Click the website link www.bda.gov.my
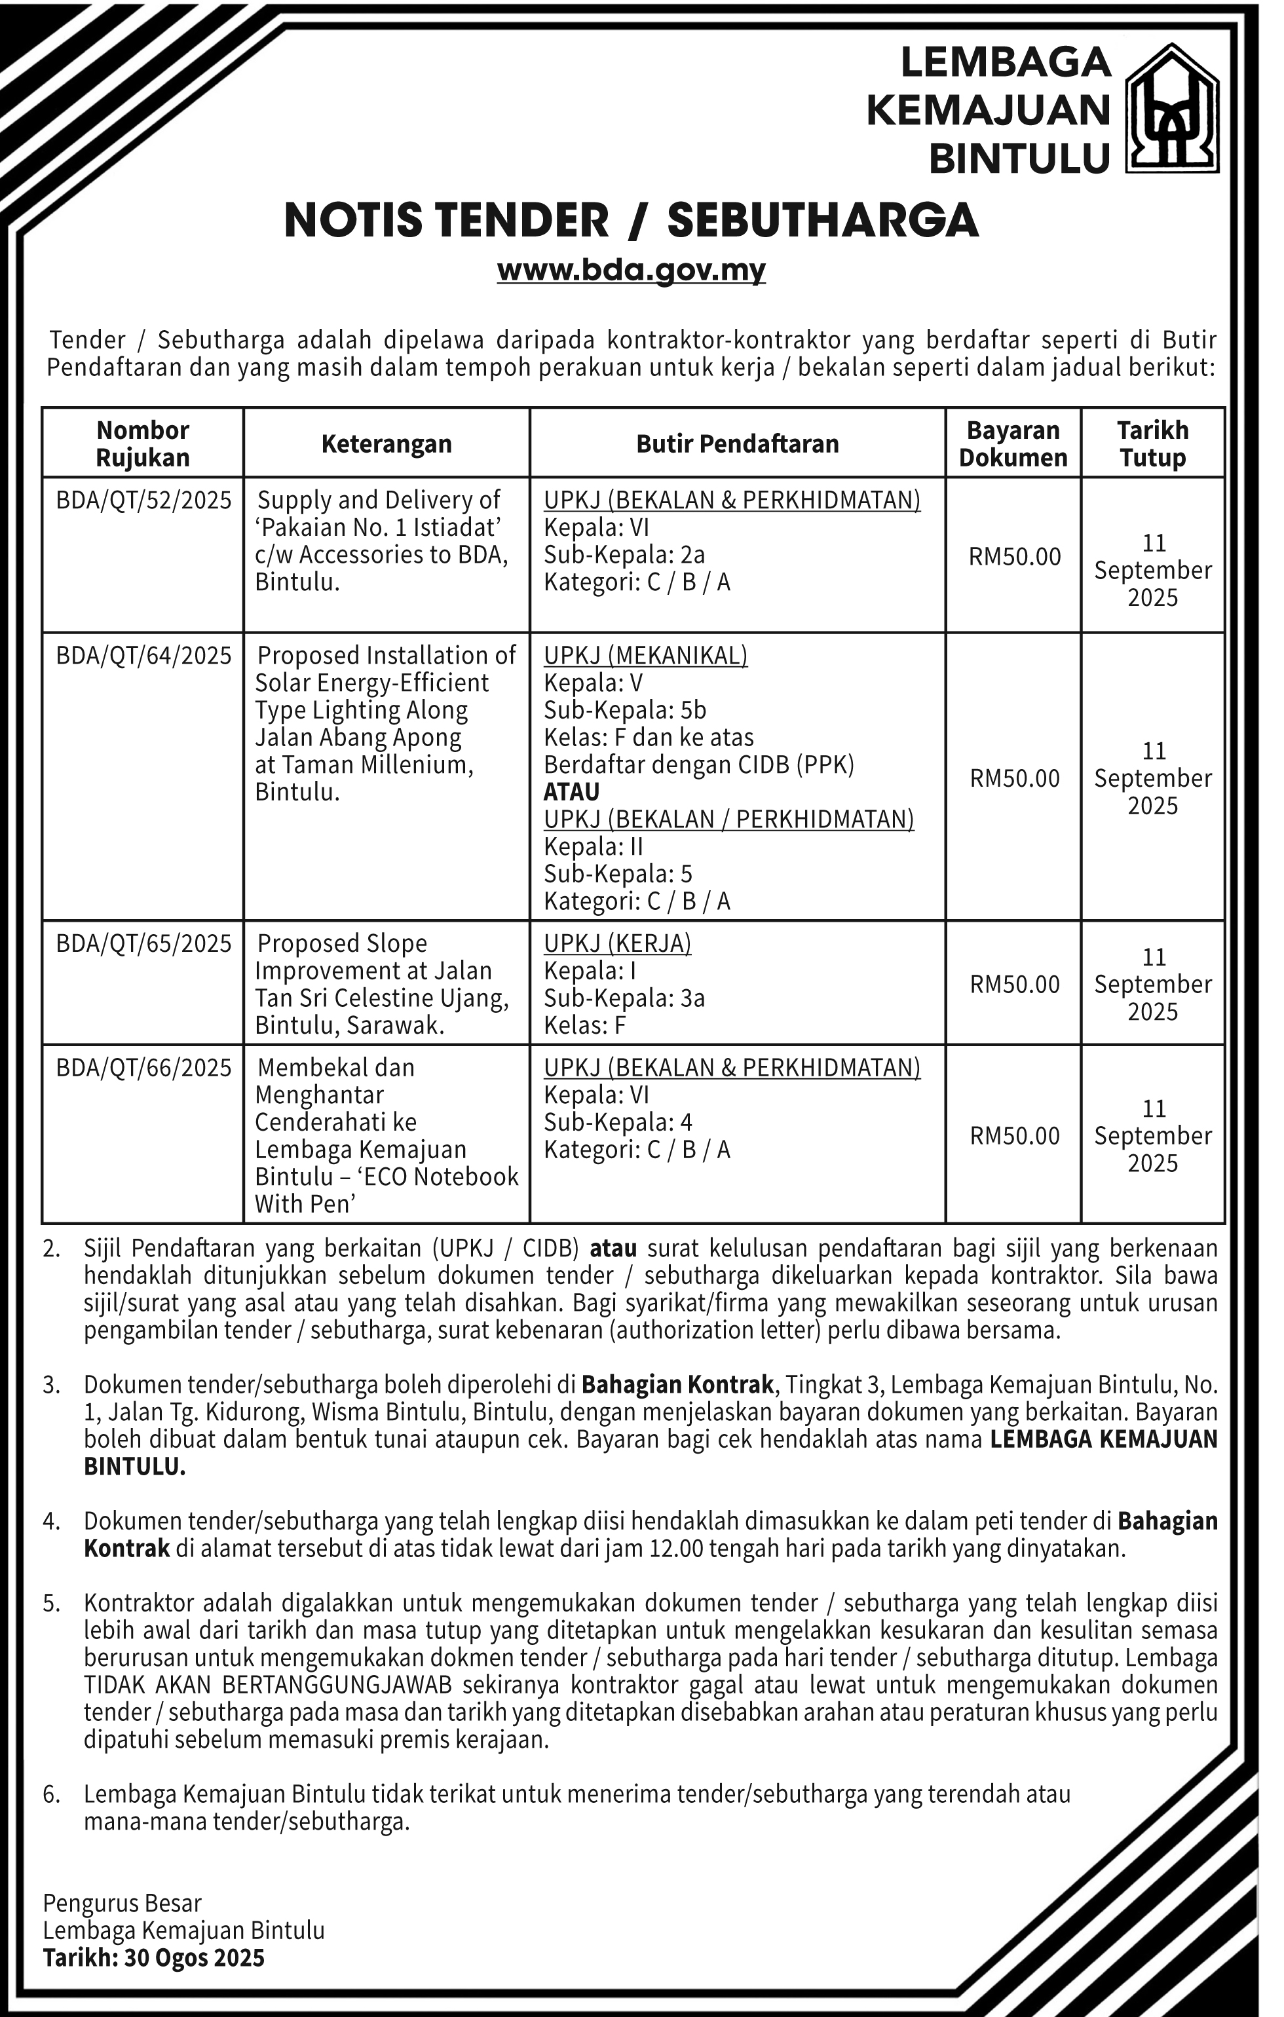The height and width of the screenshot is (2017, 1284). [631, 270]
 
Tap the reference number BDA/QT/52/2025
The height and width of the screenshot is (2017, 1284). [143, 500]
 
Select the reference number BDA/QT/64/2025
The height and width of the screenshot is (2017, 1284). [143, 655]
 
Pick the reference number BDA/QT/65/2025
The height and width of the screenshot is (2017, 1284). [143, 943]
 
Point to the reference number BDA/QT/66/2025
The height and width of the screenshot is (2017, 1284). [143, 1067]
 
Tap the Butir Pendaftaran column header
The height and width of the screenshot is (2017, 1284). [737, 444]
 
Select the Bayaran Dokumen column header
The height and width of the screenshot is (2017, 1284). [1013, 444]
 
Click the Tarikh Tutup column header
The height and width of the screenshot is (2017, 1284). [1152, 444]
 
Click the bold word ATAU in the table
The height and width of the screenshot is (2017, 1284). [571, 791]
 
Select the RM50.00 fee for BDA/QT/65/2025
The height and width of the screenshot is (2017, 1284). [1014, 984]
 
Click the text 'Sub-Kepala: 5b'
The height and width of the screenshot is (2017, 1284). [625, 710]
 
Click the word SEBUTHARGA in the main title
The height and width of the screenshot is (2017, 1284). [823, 220]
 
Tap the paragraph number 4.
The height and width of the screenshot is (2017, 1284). [51, 1520]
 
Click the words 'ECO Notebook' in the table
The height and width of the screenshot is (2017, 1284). [436, 1177]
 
